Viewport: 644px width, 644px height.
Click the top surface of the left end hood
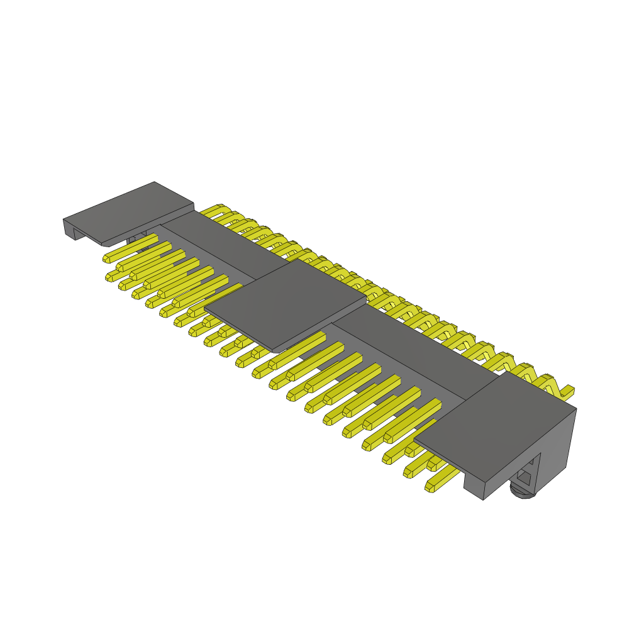pos(129,211)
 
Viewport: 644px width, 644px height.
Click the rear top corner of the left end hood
pos(154,183)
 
